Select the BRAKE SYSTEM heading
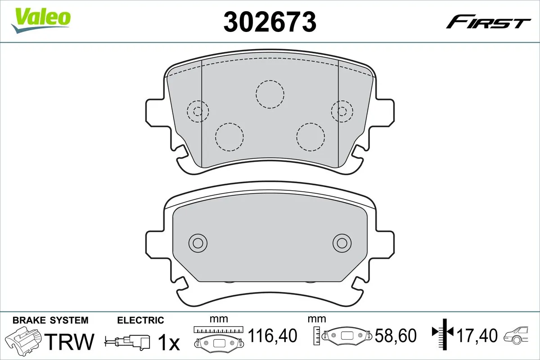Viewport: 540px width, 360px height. coord(50,320)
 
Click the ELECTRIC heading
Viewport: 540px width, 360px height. coord(140,320)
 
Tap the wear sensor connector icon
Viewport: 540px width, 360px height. coord(128,340)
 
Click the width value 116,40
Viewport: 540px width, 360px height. coord(273,336)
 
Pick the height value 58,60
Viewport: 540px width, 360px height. coord(396,336)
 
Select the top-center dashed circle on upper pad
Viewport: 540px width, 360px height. coord(270,94)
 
